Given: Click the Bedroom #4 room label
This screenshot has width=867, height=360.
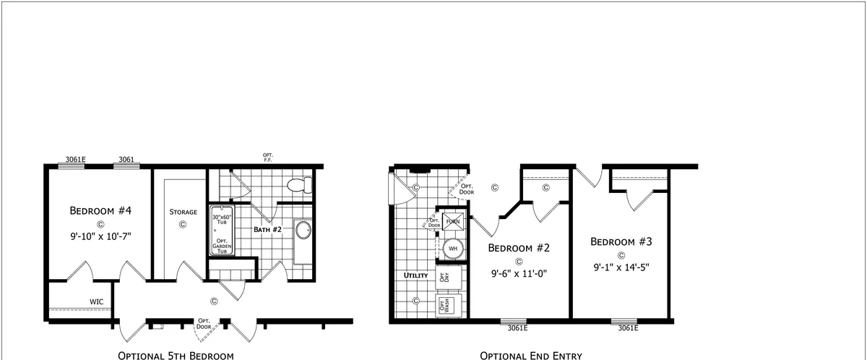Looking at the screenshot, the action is (100, 210).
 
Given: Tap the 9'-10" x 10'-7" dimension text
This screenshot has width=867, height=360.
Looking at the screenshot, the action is (100, 236).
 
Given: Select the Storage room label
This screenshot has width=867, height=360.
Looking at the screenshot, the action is (183, 212).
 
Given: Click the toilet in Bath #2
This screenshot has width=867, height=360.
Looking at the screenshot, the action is (300, 185).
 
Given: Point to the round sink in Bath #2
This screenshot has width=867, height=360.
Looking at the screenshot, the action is (303, 231).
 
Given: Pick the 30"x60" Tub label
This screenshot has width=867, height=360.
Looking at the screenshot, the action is (222, 220).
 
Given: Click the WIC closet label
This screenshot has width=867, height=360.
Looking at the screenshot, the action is (96, 302).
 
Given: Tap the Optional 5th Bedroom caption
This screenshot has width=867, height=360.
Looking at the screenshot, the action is (176, 356).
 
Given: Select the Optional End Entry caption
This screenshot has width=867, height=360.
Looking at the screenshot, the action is (531, 356).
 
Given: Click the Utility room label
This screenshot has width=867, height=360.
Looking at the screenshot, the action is (415, 275).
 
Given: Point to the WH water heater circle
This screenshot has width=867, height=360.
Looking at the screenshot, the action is (453, 249).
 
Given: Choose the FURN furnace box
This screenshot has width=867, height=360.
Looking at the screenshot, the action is (453, 221).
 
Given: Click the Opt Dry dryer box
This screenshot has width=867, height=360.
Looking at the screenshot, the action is (449, 277).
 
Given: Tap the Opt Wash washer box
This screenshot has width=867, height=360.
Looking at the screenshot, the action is (449, 306).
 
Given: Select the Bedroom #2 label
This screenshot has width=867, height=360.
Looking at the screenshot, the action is (519, 248).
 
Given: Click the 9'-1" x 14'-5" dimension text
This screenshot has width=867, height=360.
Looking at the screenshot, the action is (621, 267).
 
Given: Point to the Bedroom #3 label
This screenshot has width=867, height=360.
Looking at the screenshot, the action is (621, 241).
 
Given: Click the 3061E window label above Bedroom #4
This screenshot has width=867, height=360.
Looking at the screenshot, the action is (75, 160).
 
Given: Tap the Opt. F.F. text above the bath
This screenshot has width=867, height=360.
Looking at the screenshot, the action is (268, 158).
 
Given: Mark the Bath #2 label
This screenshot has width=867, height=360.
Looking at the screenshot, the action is (267, 230).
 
